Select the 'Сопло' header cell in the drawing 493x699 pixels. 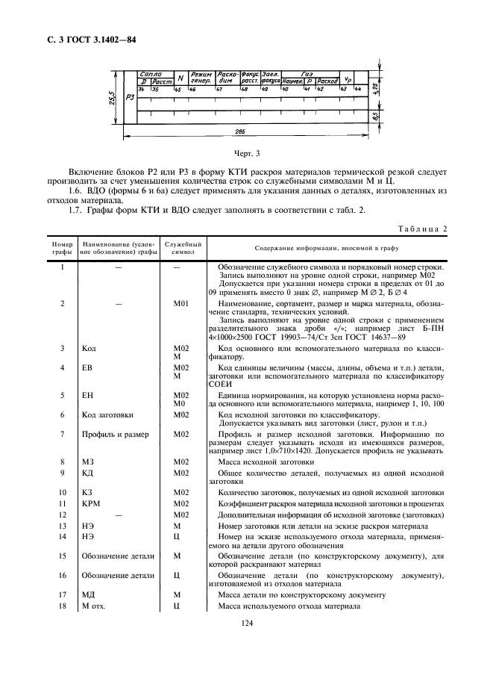[151, 75]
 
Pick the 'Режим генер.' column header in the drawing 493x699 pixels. [201, 78]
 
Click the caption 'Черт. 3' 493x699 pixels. [246, 155]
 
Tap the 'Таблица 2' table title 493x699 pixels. [421, 229]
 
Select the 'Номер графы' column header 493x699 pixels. [61, 248]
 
